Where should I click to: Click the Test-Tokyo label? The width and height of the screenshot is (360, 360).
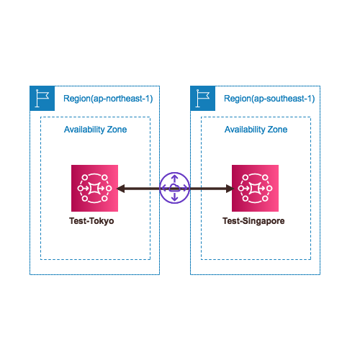(91, 221)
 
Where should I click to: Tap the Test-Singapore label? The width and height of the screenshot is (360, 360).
(253, 221)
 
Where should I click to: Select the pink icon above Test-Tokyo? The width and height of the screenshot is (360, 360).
(94, 188)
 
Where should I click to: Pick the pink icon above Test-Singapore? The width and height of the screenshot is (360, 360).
(255, 188)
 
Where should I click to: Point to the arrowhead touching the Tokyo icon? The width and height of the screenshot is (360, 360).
(120, 189)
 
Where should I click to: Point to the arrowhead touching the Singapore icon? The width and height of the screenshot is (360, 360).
(230, 189)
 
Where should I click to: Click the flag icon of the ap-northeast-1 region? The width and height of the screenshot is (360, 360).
(42, 98)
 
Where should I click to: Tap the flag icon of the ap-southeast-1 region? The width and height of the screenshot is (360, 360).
(203, 98)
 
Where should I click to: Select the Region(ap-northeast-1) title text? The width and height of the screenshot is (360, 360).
(108, 99)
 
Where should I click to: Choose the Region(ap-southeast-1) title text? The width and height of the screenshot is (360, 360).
(269, 99)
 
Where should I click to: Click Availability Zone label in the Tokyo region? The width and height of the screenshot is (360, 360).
(95, 130)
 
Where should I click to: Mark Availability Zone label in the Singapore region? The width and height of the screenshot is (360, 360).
(256, 130)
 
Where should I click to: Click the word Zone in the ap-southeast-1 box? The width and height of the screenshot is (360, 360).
(277, 130)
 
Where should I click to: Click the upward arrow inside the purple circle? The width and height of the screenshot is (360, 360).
(175, 179)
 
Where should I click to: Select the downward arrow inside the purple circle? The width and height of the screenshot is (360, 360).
(175, 197)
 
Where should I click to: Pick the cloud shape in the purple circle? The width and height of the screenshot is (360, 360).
(174, 188)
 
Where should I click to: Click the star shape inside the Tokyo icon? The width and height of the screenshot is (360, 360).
(94, 188)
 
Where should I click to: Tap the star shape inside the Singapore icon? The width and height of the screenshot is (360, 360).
(255, 188)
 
